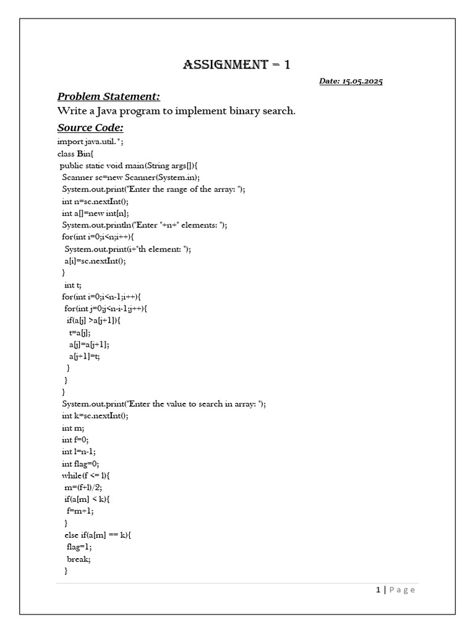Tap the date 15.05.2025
(x=351, y=82)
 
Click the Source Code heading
(x=90, y=127)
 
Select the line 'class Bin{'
(x=75, y=154)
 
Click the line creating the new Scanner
(x=131, y=177)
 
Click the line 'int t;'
(x=72, y=284)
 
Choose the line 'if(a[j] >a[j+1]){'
(x=93, y=320)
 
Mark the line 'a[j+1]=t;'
(x=85, y=356)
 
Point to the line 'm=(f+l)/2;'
(x=83, y=487)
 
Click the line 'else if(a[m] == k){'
(x=97, y=535)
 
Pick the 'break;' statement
(x=79, y=558)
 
